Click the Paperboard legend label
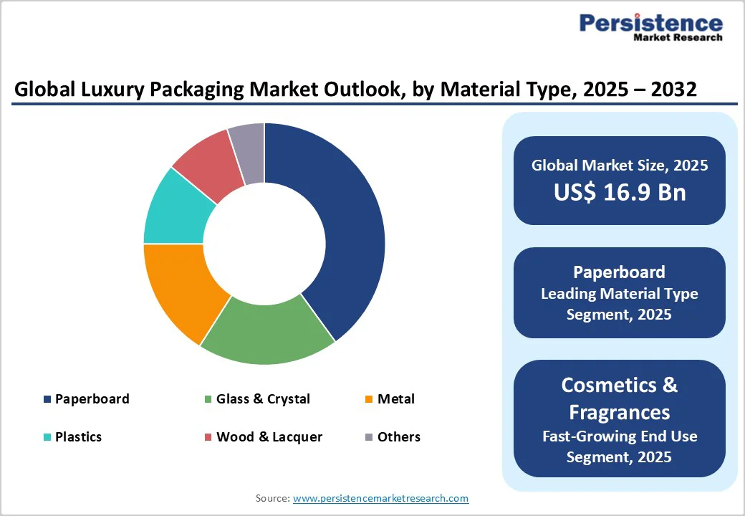tap(92, 399)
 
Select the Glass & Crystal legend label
tap(263, 399)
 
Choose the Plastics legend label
tap(78, 437)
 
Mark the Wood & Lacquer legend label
tap(269, 437)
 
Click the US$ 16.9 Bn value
tap(620, 192)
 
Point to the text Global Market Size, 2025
tap(620, 166)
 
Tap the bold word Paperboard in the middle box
tap(620, 272)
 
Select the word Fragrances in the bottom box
tap(620, 412)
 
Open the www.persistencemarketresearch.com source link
tap(380, 498)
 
